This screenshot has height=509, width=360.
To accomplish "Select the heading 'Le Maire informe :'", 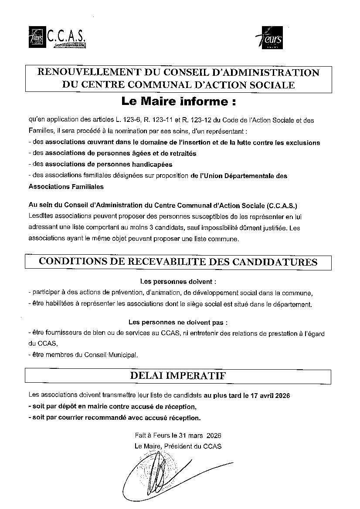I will (179, 102).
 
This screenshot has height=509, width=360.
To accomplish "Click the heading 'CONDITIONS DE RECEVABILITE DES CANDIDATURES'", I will (178, 262).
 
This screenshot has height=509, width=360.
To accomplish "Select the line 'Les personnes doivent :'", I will (178, 282).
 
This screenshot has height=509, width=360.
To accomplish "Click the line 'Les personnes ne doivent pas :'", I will (178, 323).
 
